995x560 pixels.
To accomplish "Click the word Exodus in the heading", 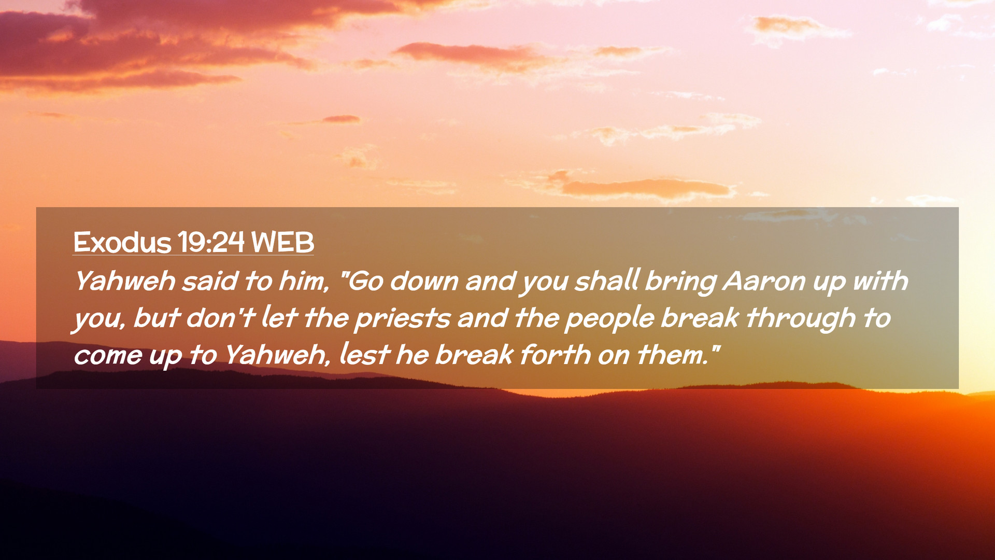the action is point(122,242).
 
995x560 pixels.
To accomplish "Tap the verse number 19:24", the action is point(211,242).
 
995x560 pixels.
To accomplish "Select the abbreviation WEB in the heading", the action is point(282,242).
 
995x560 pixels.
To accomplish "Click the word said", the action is point(209,281).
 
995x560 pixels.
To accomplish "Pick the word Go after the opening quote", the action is point(365,282).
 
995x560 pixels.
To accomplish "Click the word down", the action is point(424,281).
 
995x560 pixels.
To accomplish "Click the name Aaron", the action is point(764,282).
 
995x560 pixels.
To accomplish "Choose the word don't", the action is point(221,318).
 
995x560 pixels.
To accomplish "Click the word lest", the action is point(364,355).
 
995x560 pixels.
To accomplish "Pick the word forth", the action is point(555,355).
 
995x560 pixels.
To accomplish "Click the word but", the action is point(157,318).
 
